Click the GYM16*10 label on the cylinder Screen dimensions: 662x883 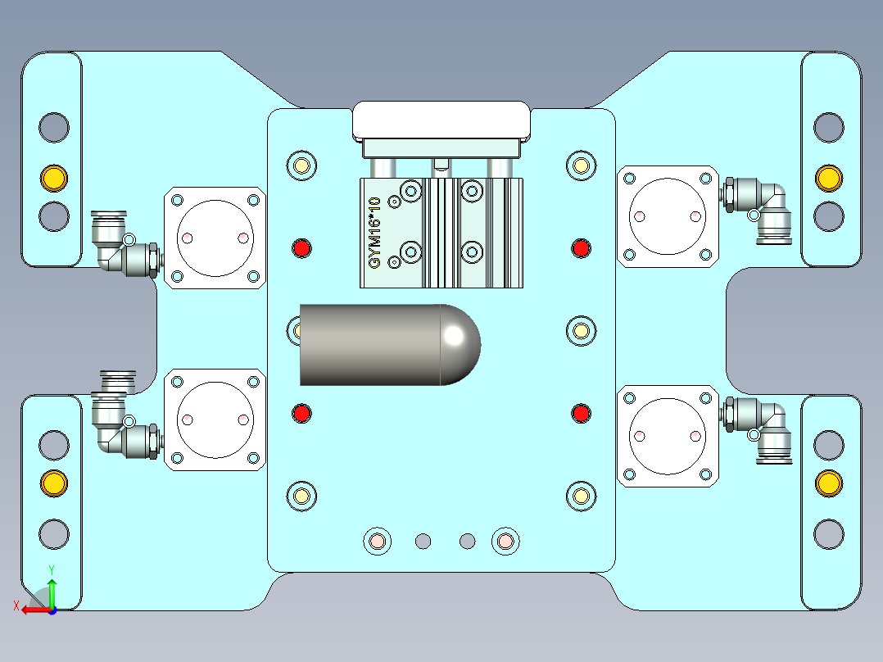[x=375, y=233]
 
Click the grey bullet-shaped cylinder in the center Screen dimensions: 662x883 [x=385, y=345]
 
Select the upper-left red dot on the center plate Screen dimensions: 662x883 [x=302, y=247]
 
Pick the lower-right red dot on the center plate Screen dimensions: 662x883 [x=581, y=413]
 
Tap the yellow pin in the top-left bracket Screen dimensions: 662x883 [x=54, y=177]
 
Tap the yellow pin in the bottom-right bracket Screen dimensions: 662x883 [x=828, y=483]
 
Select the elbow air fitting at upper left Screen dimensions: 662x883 [x=119, y=244]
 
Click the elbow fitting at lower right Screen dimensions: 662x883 [x=760, y=426]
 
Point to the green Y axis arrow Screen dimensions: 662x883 [x=52, y=588]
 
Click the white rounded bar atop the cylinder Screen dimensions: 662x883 [x=441, y=120]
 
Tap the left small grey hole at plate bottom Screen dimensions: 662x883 [x=423, y=541]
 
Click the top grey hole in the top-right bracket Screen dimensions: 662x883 [x=828, y=127]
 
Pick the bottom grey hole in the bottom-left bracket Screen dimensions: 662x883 [x=54, y=533]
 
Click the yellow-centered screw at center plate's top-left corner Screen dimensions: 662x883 [x=301, y=165]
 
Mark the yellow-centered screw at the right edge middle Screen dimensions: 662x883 [x=580, y=331]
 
